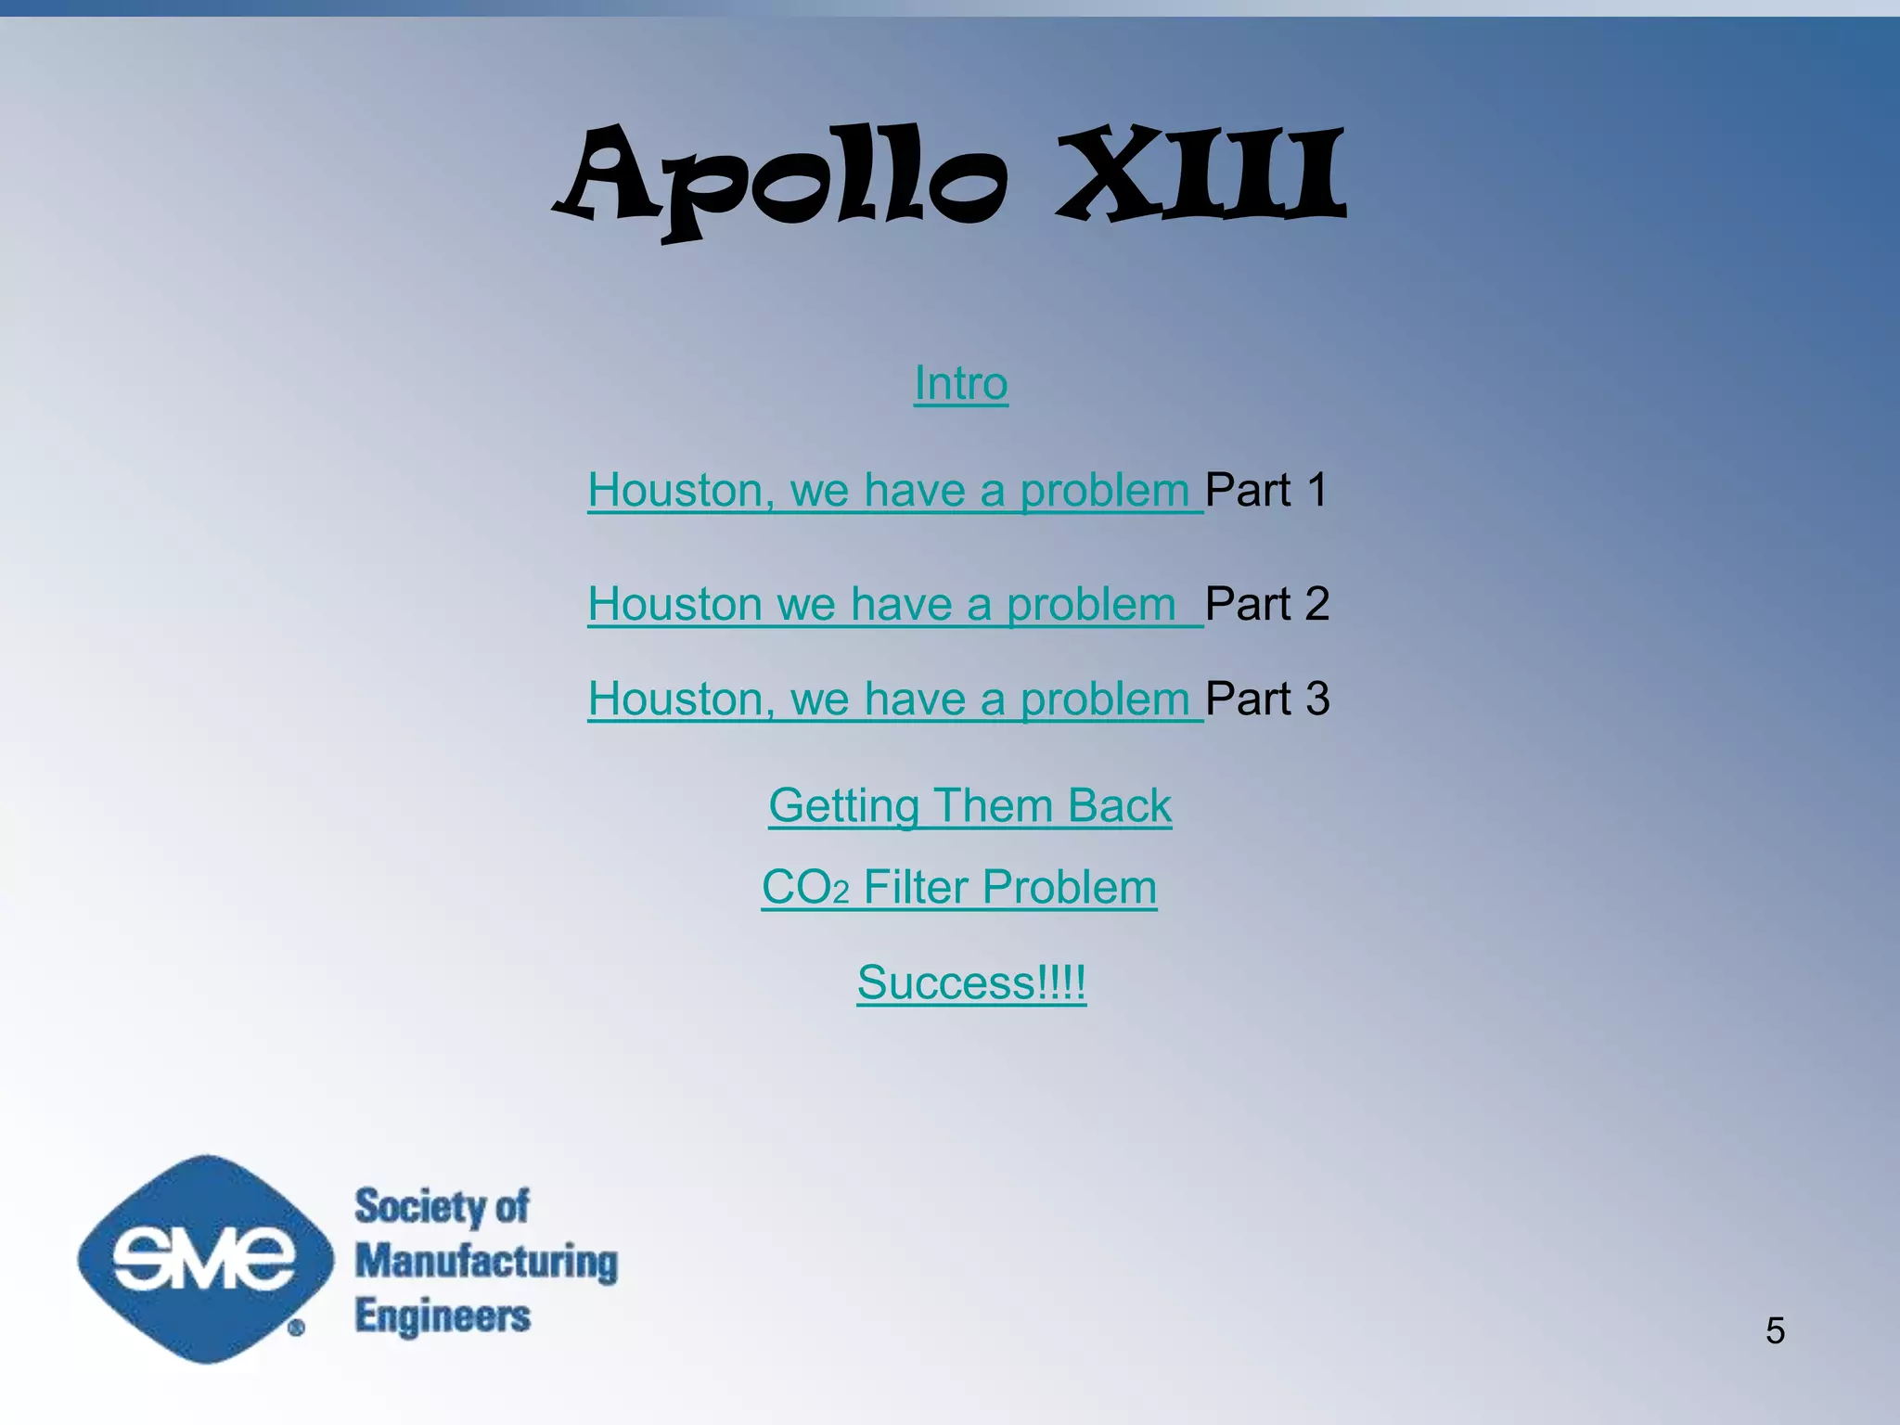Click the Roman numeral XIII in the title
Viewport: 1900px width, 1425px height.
pyautogui.click(x=1201, y=176)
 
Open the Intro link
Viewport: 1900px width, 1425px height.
pyautogui.click(x=960, y=383)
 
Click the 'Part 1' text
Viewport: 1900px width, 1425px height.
pyautogui.click(x=1266, y=490)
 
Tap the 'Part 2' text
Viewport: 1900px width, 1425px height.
pyautogui.click(x=1267, y=604)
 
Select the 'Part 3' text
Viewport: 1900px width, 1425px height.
pyautogui.click(x=1267, y=699)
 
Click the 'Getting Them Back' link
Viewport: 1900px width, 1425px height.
pyautogui.click(x=969, y=805)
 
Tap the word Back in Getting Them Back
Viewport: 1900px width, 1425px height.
pyautogui.click(x=1120, y=805)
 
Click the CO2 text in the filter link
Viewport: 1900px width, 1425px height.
pyautogui.click(x=804, y=888)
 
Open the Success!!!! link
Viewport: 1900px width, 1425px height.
pyautogui.click(x=970, y=982)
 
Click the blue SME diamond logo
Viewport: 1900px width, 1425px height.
pyautogui.click(x=205, y=1259)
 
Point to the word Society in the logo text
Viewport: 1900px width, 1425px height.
pyautogui.click(x=419, y=1206)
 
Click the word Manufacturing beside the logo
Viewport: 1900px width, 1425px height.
pyautogui.click(x=486, y=1262)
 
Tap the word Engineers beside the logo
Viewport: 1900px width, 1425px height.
pyautogui.click(x=443, y=1316)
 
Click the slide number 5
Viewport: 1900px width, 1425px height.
pyautogui.click(x=1775, y=1330)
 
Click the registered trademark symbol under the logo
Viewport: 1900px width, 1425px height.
pyautogui.click(x=296, y=1329)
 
